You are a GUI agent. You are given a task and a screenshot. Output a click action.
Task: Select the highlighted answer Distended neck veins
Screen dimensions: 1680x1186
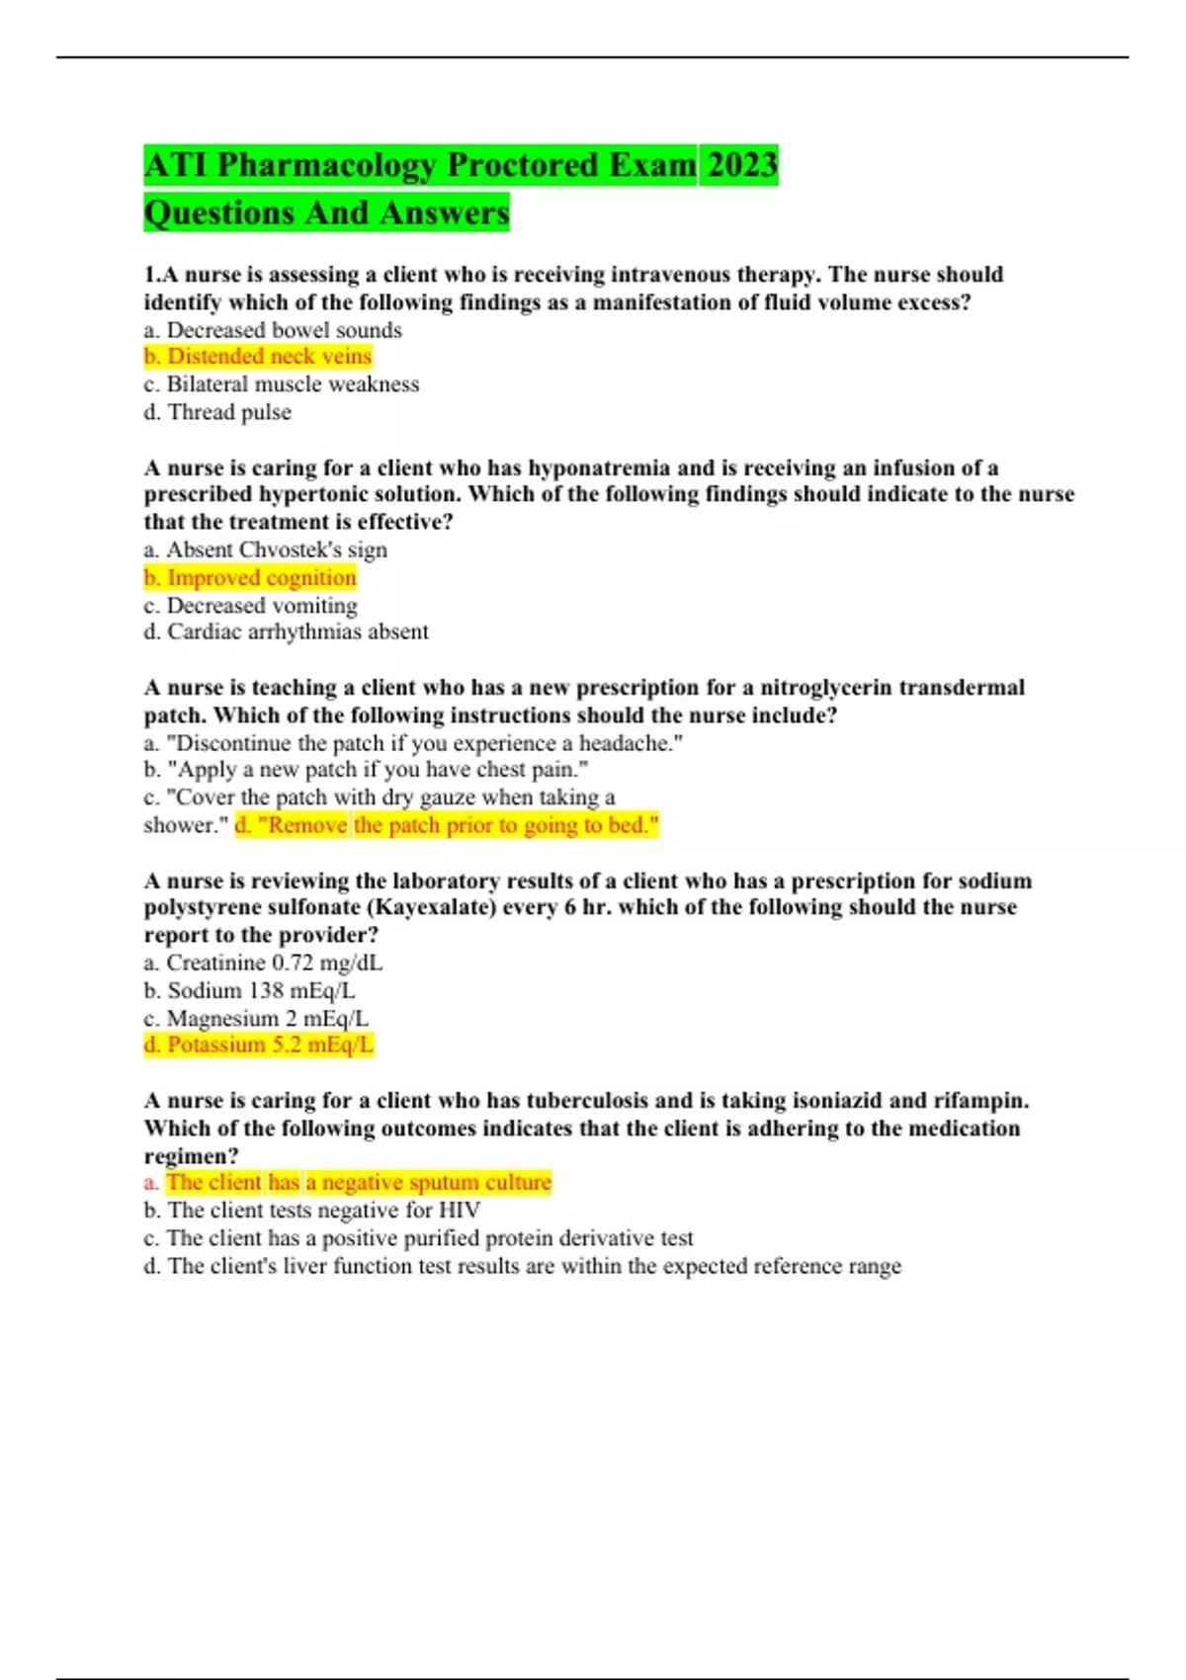258,356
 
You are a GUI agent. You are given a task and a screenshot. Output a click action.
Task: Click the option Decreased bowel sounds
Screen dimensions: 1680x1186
273,330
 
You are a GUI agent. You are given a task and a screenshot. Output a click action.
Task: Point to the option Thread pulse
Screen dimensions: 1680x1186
217,412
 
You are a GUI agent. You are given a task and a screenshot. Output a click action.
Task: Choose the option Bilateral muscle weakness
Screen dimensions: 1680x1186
282,384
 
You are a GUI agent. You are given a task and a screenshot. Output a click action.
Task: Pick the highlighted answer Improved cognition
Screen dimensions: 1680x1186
250,577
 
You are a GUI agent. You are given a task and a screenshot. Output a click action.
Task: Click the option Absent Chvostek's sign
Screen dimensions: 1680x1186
265,549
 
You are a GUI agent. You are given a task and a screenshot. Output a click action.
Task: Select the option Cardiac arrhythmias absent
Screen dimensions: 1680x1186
287,631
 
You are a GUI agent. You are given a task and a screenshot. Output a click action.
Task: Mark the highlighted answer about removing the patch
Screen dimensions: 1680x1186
447,825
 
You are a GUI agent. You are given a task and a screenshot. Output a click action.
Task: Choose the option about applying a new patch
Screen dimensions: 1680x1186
367,770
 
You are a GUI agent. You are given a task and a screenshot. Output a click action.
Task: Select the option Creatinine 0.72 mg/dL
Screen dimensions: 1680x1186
263,963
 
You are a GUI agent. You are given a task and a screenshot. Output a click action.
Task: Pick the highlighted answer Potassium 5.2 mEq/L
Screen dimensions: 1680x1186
259,1045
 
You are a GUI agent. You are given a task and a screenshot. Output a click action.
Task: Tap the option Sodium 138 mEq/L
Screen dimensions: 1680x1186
249,990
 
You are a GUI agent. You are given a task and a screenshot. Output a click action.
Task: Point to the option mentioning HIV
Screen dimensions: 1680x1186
312,1211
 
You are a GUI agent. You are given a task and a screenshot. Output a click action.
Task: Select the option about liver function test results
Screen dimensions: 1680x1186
522,1266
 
